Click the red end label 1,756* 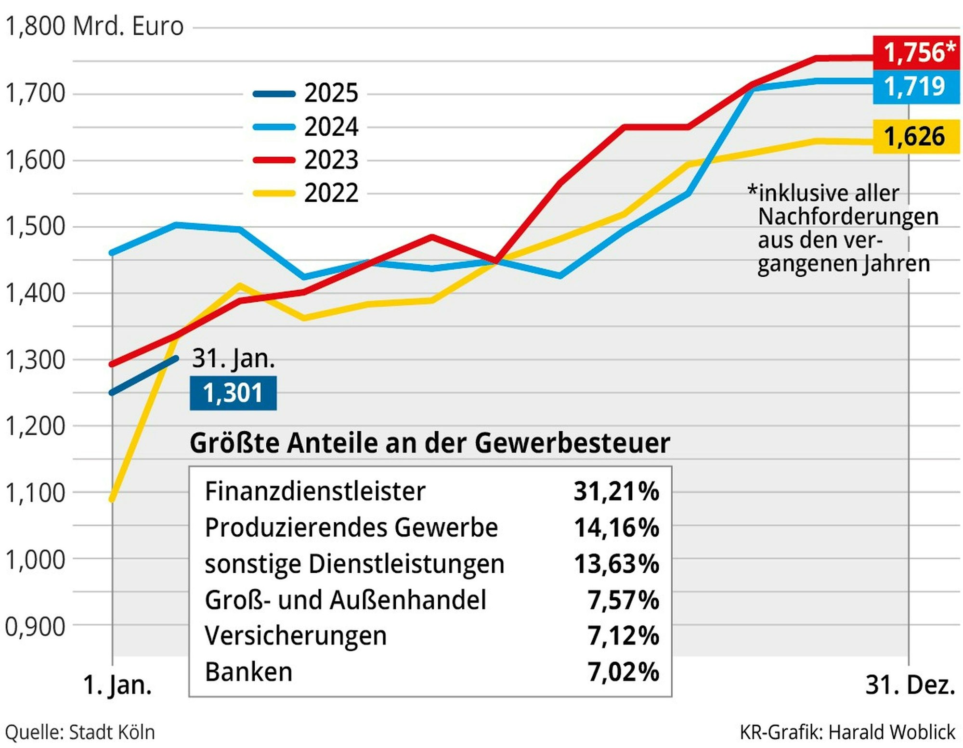point(916,52)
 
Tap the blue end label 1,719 point(915,87)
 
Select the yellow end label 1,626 point(915,137)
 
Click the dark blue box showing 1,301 point(233,393)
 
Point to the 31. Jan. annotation point(234,359)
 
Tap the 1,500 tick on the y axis point(35,226)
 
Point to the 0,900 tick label point(35,627)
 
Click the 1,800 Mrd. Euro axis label point(94,26)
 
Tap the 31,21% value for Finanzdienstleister point(616,491)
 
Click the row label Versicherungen point(296,636)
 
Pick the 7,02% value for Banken point(623,672)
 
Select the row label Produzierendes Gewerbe point(351,528)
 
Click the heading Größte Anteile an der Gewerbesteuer point(429,443)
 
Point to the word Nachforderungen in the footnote point(848,217)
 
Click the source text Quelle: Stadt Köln point(80,733)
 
